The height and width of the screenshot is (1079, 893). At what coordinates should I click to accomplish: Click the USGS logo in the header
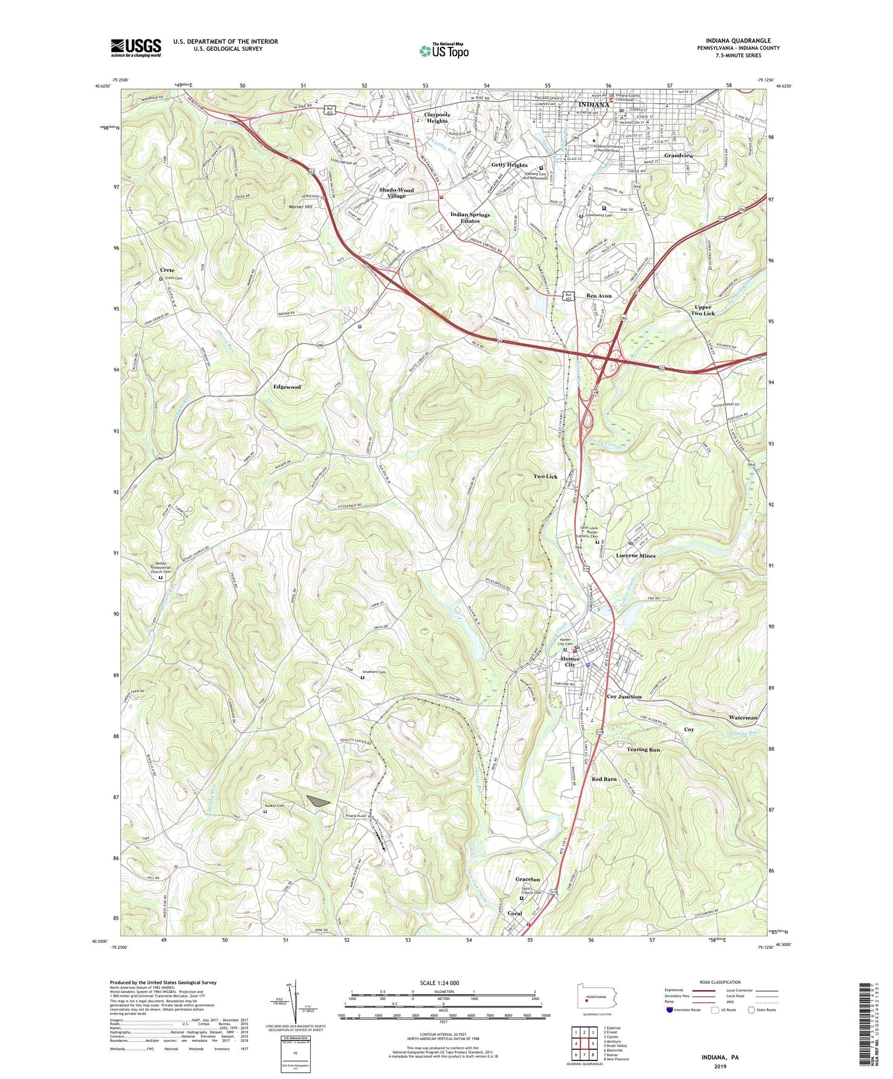click(x=136, y=48)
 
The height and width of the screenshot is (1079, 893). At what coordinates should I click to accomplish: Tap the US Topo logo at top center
click(x=444, y=51)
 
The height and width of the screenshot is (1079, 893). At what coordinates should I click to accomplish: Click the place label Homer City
click(x=570, y=662)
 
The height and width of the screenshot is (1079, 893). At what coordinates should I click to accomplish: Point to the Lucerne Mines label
click(x=635, y=556)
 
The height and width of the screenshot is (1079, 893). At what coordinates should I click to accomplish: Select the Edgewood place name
click(x=287, y=387)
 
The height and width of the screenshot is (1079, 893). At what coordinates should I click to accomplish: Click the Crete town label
click(x=167, y=270)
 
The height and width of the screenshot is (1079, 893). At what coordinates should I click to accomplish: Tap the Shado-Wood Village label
click(x=396, y=193)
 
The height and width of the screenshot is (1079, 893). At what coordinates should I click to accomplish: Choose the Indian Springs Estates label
click(x=470, y=218)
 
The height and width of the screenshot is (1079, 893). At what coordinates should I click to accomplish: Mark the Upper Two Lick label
click(x=703, y=310)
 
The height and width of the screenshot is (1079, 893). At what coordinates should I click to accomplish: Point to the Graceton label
click(x=527, y=879)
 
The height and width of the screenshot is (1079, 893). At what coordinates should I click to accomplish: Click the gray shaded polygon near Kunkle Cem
click(x=318, y=802)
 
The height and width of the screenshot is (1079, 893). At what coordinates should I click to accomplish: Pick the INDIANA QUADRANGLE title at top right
click(x=738, y=41)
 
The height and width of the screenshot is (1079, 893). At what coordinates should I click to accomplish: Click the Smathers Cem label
click(x=373, y=672)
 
